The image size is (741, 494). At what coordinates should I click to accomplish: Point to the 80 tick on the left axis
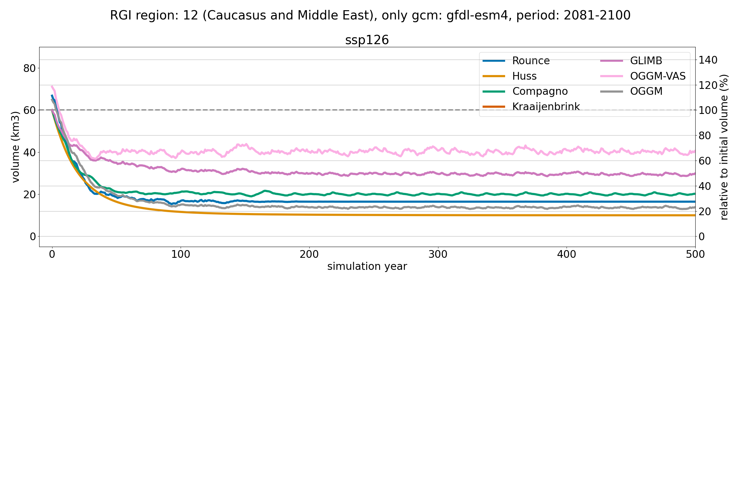click(x=29, y=68)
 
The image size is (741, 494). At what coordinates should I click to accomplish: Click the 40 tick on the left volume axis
click(x=29, y=153)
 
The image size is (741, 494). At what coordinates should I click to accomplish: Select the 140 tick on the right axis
click(x=708, y=60)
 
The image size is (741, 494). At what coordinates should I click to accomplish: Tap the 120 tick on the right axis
click(x=708, y=85)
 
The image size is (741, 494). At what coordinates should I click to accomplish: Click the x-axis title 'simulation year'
click(x=367, y=266)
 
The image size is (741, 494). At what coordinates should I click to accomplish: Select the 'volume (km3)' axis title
click(x=15, y=147)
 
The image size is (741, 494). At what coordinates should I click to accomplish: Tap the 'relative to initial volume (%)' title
click(x=724, y=147)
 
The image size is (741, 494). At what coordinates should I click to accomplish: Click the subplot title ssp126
click(x=367, y=40)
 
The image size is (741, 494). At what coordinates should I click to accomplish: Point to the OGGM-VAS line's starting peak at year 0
click(x=52, y=86)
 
